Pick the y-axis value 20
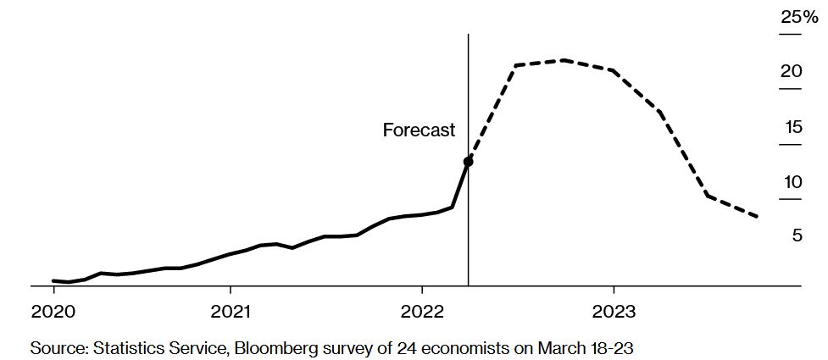tap(791, 72)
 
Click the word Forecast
tap(419, 130)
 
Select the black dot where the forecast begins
tap(468, 161)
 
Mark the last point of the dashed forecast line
tap(757, 217)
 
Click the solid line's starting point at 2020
tap(53, 280)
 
